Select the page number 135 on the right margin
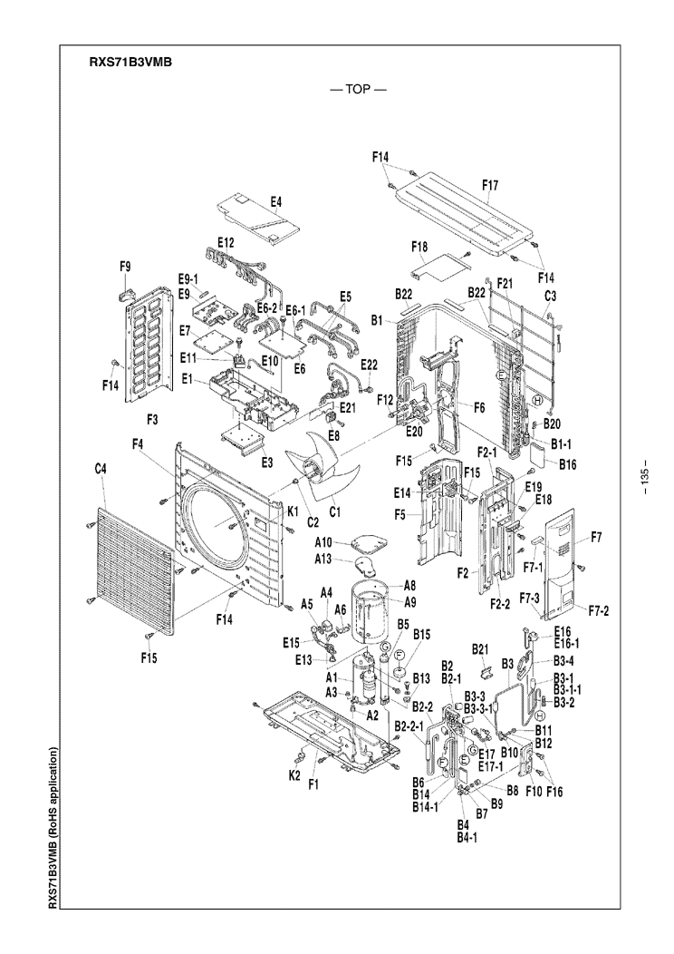[644, 478]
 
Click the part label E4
[276, 201]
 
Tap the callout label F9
[125, 266]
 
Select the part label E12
[226, 242]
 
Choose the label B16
[569, 465]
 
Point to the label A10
[325, 542]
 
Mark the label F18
[419, 247]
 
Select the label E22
[370, 364]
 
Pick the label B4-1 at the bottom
[467, 838]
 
